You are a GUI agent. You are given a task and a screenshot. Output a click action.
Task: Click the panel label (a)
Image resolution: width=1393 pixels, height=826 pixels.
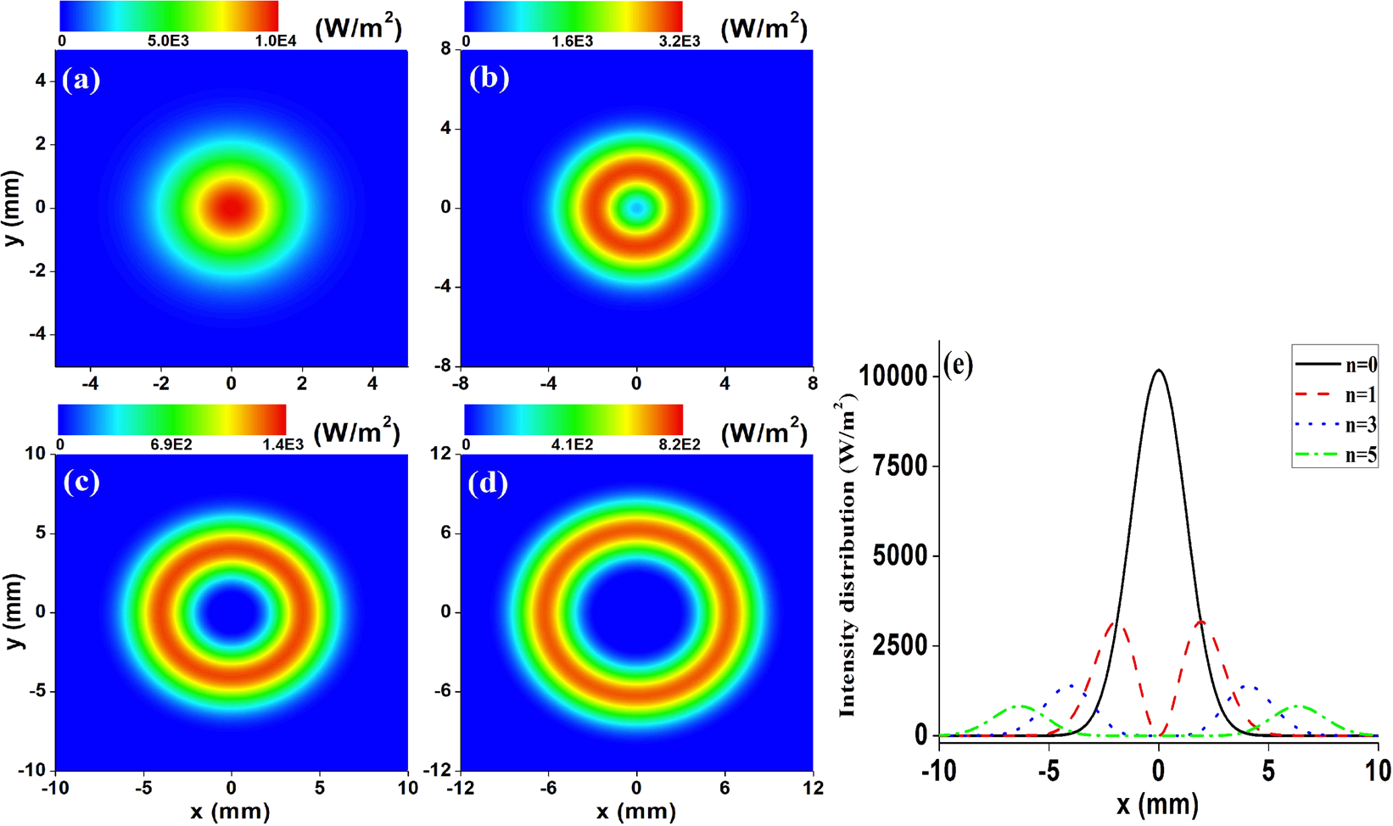tap(81, 80)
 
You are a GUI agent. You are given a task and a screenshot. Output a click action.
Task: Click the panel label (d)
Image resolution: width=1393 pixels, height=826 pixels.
tap(489, 483)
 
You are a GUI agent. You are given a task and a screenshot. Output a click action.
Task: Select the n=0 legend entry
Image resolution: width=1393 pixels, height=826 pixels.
tap(1335, 366)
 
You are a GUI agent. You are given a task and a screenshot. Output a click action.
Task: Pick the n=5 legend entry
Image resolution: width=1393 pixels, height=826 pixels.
tap(1335, 455)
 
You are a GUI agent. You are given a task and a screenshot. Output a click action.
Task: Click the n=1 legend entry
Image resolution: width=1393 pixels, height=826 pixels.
tap(1335, 394)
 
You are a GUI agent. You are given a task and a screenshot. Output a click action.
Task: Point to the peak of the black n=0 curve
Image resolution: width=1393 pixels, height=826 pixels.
tap(1159, 371)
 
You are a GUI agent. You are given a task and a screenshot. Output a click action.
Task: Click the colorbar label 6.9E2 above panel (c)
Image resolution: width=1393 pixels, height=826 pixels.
tap(171, 444)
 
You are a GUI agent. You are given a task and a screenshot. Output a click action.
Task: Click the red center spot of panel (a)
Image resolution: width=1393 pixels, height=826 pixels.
tap(232, 208)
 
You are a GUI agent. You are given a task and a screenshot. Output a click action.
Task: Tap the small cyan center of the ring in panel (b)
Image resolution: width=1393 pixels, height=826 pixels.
tap(636, 208)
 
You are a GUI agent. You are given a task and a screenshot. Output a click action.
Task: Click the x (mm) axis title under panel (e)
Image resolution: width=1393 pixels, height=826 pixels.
tap(1158, 804)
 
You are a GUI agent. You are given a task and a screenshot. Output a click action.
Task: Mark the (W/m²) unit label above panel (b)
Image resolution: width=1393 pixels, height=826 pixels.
tap(764, 28)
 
